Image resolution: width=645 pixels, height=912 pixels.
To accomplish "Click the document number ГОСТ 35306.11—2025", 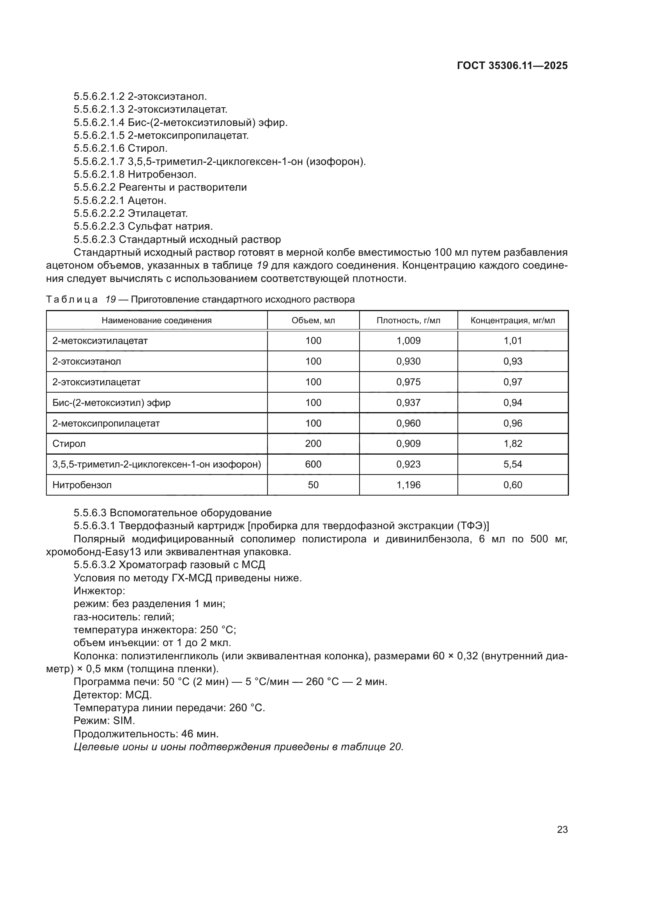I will point(512,66).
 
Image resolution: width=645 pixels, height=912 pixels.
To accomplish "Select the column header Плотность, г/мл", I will point(408,321).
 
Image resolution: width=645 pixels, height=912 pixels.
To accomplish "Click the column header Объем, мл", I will point(313,321).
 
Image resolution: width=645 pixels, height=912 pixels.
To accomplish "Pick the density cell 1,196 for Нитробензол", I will point(408,485).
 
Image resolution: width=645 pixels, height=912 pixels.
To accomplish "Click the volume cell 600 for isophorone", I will point(313,464).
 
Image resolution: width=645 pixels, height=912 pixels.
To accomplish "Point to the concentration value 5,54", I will point(513,464).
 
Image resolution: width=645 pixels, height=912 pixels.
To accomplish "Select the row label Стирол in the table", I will point(69,443).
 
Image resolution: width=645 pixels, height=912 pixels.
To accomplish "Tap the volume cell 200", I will point(313,443).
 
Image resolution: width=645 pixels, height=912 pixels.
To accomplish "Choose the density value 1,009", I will point(408,340).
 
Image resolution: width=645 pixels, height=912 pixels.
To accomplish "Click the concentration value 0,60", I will point(513,485).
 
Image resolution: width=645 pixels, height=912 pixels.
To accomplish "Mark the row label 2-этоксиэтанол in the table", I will point(87,361).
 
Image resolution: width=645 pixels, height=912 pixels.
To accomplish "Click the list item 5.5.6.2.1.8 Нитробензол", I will point(135,174).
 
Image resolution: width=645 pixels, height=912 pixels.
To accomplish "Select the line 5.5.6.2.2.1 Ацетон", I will point(120,200).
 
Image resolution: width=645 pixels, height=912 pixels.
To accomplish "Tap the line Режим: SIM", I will point(104,720).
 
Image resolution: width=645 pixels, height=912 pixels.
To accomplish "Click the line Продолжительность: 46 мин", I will point(146,733).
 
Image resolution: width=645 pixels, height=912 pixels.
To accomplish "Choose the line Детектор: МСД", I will point(113,695).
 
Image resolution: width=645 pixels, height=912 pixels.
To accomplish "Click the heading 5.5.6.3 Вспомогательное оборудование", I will point(172,513).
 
